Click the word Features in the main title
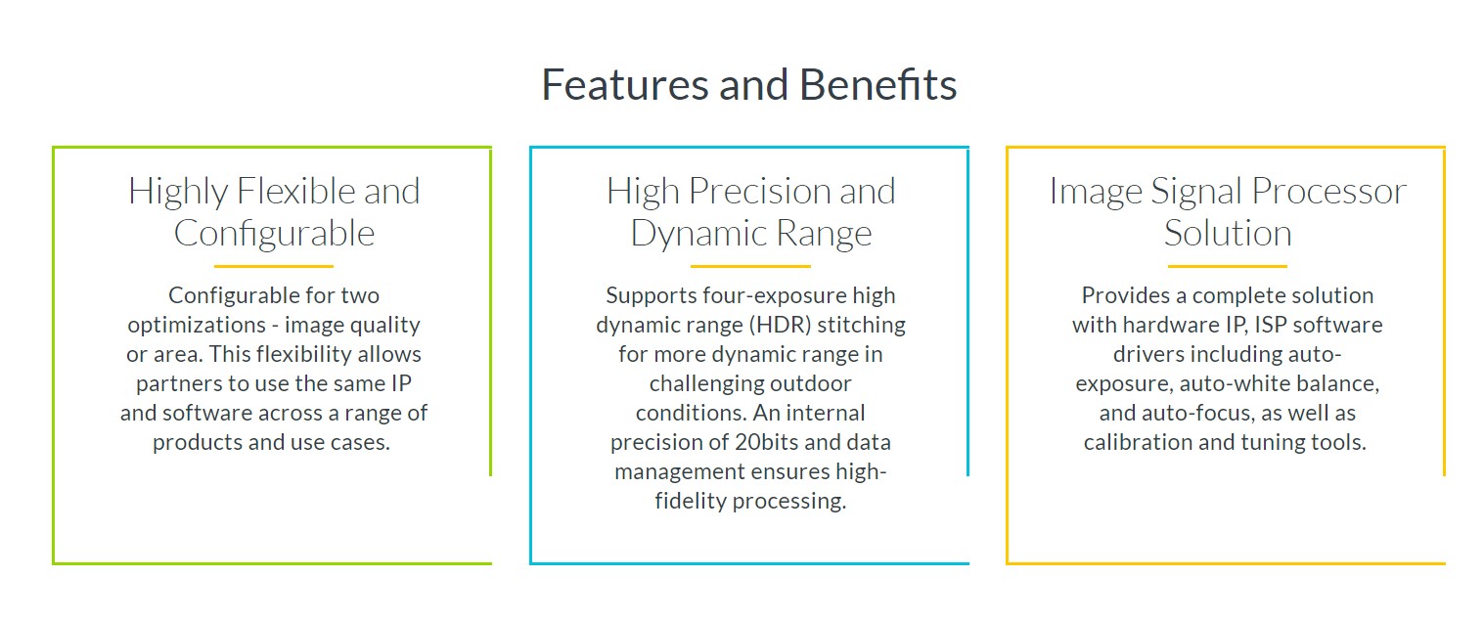[625, 85]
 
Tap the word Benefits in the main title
[877, 85]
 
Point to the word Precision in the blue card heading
[760, 192]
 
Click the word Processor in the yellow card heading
[1329, 192]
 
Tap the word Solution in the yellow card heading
[1228, 233]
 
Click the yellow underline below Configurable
[274, 266]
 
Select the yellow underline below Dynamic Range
[750, 266]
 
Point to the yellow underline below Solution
[1227, 266]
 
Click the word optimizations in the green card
[197, 325]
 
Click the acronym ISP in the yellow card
[1271, 325]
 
